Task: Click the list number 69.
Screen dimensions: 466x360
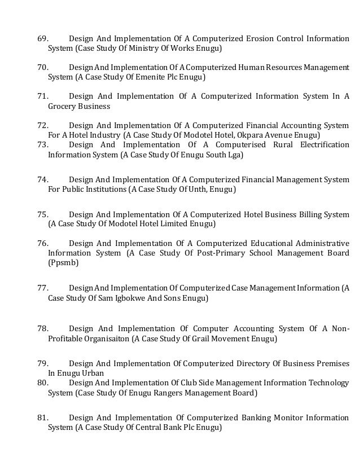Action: click(x=42, y=39)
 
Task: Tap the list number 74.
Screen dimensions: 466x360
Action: click(x=42, y=179)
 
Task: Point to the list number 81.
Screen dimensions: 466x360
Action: click(x=42, y=417)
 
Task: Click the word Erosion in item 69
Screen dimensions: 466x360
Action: click(x=260, y=39)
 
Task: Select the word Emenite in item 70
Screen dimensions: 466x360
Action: click(x=154, y=77)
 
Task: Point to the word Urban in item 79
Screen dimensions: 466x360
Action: click(x=91, y=373)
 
